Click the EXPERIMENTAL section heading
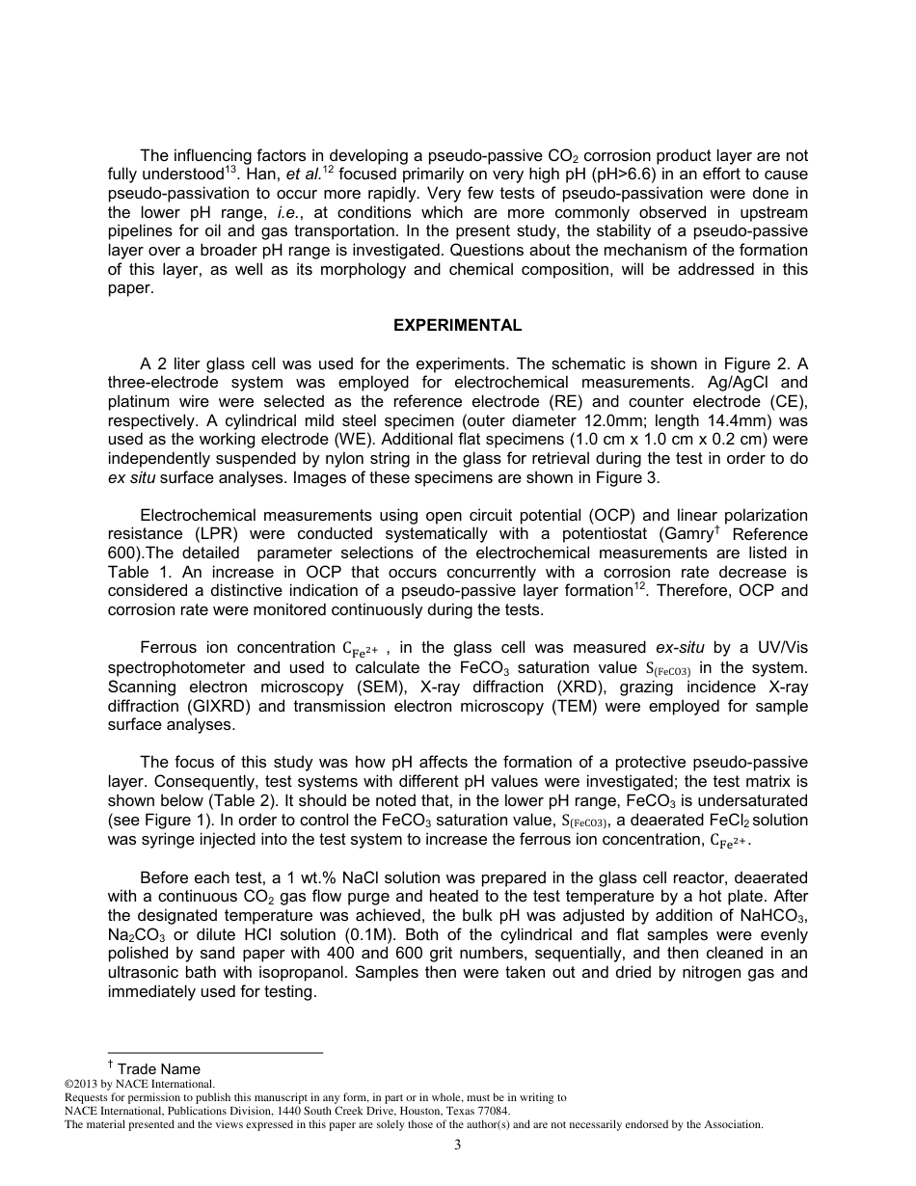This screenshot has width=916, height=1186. (457, 326)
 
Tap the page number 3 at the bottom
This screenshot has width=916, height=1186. (458, 1146)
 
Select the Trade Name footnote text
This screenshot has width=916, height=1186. (159, 1068)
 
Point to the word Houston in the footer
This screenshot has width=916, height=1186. (392, 1111)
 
